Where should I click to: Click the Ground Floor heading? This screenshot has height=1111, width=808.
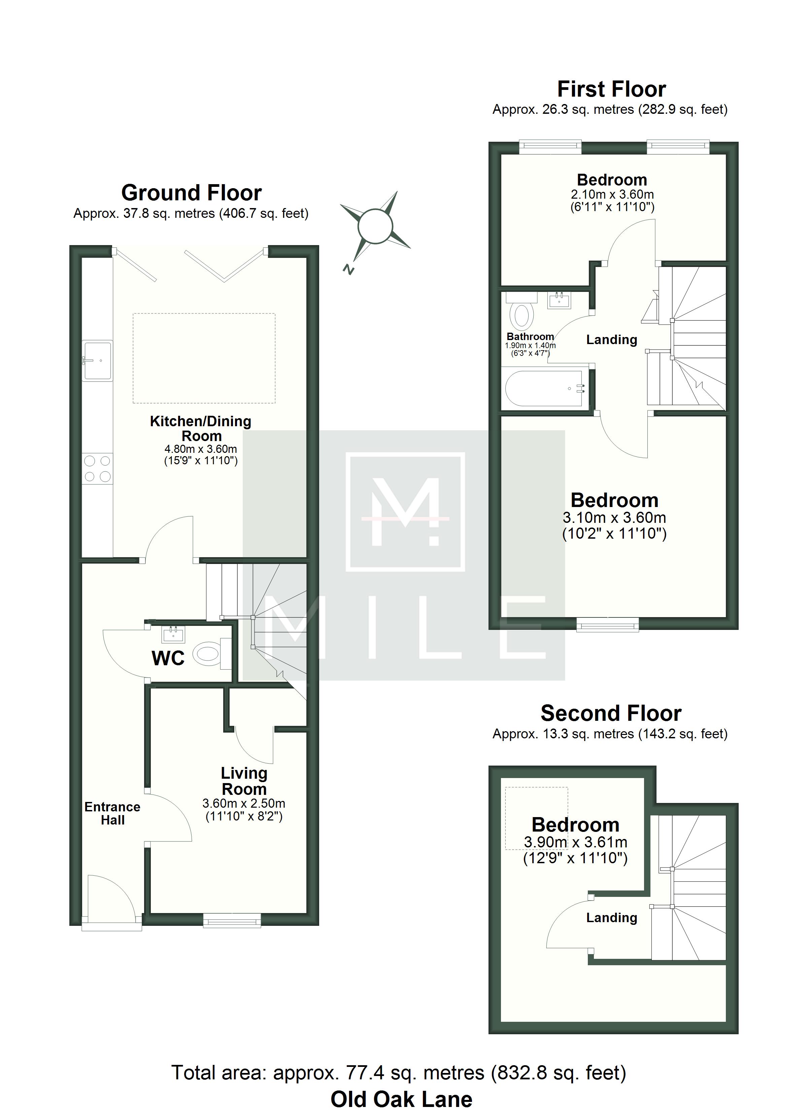(191, 193)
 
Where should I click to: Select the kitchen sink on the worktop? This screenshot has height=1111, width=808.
(98, 361)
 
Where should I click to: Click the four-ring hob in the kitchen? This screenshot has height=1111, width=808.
(98, 468)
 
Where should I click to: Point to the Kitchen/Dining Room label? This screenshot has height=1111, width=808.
(201, 428)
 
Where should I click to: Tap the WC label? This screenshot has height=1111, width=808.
(168, 659)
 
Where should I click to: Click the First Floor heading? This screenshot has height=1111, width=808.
(611, 89)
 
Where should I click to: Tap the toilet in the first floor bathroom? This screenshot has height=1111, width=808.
(522, 311)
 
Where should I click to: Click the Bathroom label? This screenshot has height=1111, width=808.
(530, 337)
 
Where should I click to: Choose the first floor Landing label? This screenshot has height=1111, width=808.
(611, 339)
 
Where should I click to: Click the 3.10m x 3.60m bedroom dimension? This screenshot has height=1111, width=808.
(614, 517)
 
